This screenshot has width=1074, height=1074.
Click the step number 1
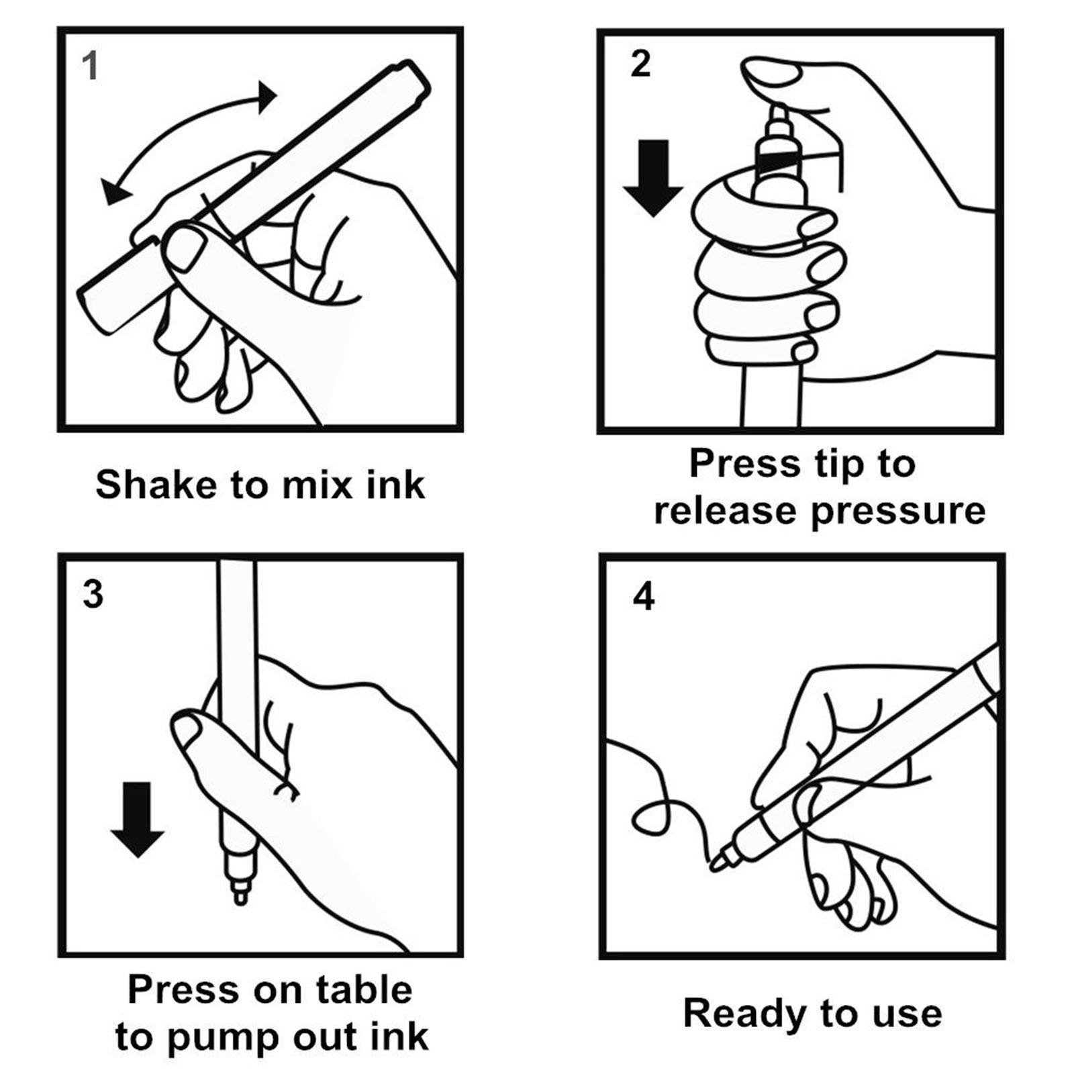click(x=89, y=66)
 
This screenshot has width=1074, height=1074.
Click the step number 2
click(x=640, y=64)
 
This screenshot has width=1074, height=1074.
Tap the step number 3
click(x=93, y=594)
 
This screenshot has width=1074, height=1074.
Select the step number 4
click(x=644, y=596)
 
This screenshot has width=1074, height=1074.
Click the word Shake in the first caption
click(x=154, y=485)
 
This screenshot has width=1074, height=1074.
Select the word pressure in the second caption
click(x=898, y=511)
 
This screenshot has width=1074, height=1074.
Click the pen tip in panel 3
click(x=240, y=896)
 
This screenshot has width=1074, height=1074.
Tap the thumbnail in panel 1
click(x=185, y=248)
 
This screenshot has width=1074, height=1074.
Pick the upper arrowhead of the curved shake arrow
click(x=266, y=97)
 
